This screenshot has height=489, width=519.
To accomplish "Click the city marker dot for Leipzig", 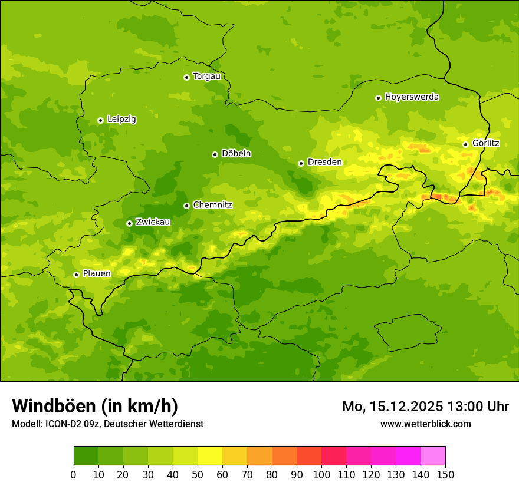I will pos(100,120).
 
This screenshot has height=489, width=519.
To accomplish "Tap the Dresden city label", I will pos(324,162).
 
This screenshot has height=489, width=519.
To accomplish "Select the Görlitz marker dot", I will pos(465,144).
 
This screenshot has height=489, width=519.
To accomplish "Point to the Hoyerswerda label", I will pos(412,97).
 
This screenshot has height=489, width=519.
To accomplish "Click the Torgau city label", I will pos(206,76).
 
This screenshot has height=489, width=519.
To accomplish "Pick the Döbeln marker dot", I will pos(215,154).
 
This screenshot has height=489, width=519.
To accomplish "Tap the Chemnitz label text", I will pos(212,205).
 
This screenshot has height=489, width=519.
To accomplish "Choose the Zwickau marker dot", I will pos(129,223).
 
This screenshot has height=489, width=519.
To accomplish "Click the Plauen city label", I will pos(97,273).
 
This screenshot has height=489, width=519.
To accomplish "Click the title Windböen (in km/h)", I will pos(95,406).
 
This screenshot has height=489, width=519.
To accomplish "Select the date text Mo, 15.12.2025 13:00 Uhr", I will pos(425,407).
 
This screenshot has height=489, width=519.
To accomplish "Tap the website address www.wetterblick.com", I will pos(425,424).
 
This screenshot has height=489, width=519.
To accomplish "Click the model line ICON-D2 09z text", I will pos(107,424).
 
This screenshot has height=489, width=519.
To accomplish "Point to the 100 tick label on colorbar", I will pos(321,474).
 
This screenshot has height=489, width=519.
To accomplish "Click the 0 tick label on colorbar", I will pos(74,474).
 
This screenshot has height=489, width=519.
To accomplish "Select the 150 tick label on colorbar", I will pos(445,474).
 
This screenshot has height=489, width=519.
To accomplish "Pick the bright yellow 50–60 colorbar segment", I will pos(210,456).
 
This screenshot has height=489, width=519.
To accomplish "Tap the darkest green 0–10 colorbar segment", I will pos(86,456).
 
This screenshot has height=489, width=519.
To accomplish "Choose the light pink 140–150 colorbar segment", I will pos(433,456).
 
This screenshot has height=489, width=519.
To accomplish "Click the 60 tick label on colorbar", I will pos(222,474).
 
